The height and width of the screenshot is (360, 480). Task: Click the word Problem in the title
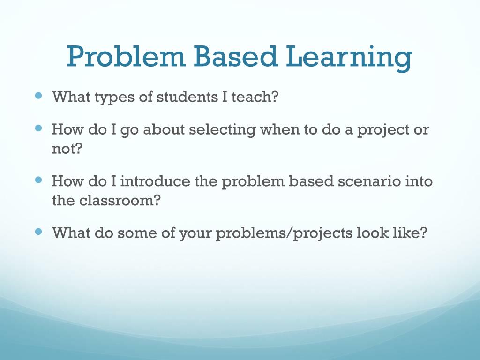pos(126,56)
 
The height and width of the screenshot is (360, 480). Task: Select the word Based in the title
pos(236,56)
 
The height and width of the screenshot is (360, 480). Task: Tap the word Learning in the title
pos(349,58)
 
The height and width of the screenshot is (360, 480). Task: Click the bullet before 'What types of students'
pos(38,96)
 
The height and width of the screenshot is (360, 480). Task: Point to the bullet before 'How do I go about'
pos(38,128)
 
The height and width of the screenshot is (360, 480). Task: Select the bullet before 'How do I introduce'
pos(38,180)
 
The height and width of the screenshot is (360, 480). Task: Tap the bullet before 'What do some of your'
pos(38,232)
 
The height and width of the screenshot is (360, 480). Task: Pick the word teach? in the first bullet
pos(255,97)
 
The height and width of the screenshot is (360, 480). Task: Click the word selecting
pos(222,130)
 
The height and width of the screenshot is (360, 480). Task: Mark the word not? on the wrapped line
pos(67,149)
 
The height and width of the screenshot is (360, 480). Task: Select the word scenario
pos(369,181)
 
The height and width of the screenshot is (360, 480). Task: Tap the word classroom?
pos(120,201)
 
